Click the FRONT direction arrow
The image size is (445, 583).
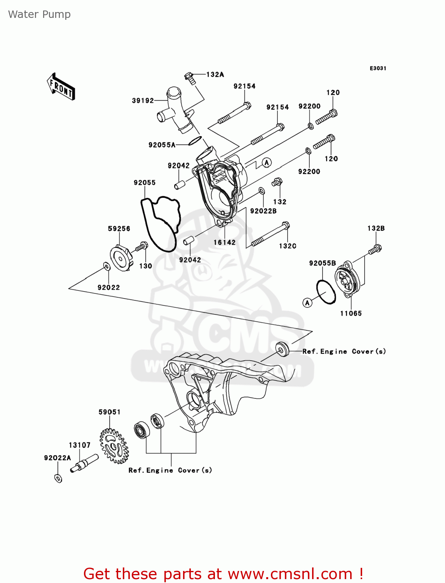click(x=61, y=87)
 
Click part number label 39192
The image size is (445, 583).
click(x=143, y=101)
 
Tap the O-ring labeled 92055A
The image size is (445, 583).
click(x=195, y=141)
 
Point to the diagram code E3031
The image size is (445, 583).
click(x=378, y=68)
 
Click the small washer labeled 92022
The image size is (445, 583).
click(x=106, y=266)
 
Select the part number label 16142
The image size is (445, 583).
click(x=224, y=243)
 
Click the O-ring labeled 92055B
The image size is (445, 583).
click(x=326, y=291)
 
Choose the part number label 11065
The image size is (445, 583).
click(x=351, y=313)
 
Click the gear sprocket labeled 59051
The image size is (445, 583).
click(x=114, y=446)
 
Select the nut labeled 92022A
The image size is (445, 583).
click(x=58, y=478)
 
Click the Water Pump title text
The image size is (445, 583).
click(x=39, y=14)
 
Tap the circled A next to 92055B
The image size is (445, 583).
click(x=307, y=302)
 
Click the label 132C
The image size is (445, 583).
click(x=287, y=246)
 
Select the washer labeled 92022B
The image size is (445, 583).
click(x=262, y=190)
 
